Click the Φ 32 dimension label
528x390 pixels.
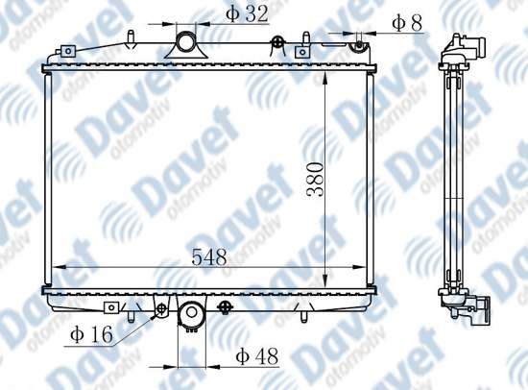pyautogui.click(x=247, y=14)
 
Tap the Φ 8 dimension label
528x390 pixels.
pyautogui.click(x=407, y=24)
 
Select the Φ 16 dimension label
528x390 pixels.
pyautogui.click(x=91, y=334)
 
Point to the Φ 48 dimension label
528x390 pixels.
pyautogui.click(x=257, y=356)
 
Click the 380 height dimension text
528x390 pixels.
pyautogui.click(x=315, y=180)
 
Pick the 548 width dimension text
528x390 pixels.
pyautogui.click(x=209, y=257)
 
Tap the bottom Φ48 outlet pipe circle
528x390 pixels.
pyautogui.click(x=192, y=312)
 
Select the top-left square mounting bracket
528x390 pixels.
pyautogui.click(x=68, y=51)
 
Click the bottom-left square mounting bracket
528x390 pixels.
pyautogui.click(x=111, y=307)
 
